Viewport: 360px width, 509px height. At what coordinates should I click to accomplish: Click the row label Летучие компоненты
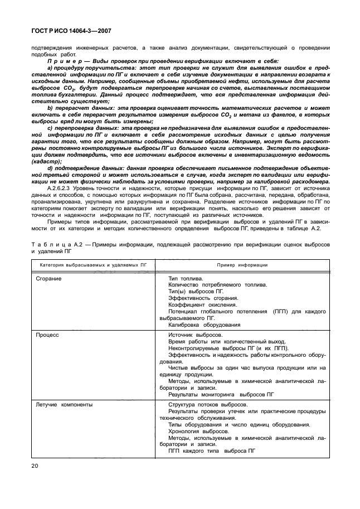coord(64,404)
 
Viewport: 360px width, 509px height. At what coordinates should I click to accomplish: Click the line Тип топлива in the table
coord(186,278)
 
